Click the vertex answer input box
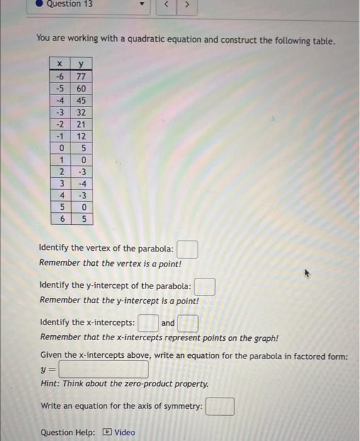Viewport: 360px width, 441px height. point(188,249)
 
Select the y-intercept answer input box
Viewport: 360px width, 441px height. point(205,287)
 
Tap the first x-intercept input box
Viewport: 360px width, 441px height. point(148,324)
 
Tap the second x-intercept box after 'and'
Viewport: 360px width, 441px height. point(188,324)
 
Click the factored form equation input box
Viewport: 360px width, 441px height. point(104,369)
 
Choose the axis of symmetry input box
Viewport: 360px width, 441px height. point(220,406)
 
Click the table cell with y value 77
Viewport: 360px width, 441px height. point(81,76)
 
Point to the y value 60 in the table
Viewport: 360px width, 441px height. point(81,88)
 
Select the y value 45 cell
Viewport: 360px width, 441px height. point(81,100)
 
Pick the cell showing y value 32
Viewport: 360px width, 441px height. point(81,112)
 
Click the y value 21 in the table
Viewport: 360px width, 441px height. point(81,123)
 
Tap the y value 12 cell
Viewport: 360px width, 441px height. point(81,135)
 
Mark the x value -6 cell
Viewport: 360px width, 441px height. point(60,76)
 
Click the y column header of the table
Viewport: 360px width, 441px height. point(81,64)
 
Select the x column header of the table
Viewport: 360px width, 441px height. point(60,64)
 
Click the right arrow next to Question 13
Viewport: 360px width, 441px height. point(187,6)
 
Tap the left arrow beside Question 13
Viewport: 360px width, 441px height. point(166,6)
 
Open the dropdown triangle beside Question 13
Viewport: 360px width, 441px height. point(142,6)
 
